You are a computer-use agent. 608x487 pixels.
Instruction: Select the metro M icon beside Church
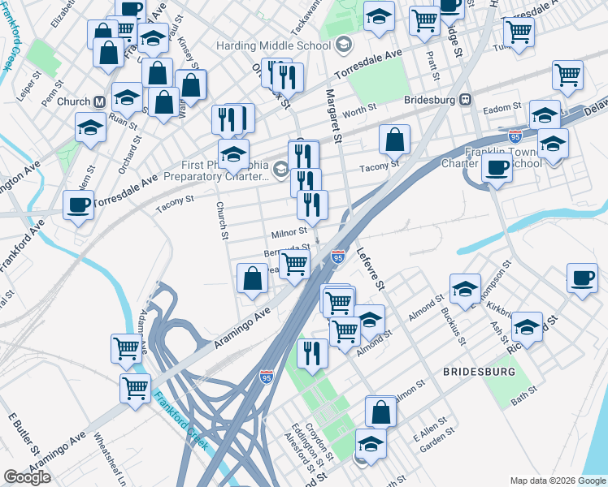coord(100,102)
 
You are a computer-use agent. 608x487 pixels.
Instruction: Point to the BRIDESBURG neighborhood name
coord(479,371)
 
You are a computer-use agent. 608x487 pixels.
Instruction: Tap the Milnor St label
coord(289,233)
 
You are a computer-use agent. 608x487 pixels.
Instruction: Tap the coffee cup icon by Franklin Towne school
coord(497,167)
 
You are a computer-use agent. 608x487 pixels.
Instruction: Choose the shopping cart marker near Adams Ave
coord(126,348)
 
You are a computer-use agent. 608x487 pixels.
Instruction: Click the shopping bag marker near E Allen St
coord(380,411)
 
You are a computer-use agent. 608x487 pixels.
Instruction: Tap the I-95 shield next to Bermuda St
coord(338,256)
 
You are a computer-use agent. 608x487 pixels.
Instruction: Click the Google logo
coord(27,476)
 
